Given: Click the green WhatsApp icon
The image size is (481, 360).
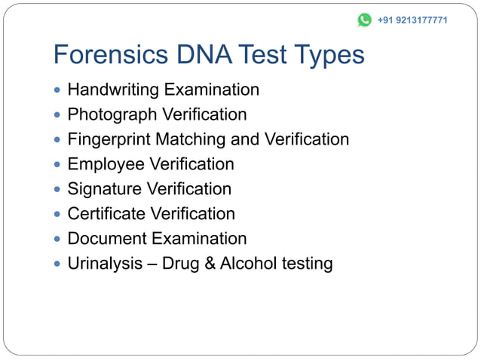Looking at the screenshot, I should click(364, 20).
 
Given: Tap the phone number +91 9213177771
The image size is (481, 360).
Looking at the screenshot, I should click(412, 20).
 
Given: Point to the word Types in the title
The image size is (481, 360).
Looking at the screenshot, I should click(329, 55).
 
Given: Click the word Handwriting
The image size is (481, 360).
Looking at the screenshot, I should click(113, 90).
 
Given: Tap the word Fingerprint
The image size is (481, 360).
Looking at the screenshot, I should click(107, 140).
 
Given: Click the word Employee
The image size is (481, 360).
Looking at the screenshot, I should click(106, 164).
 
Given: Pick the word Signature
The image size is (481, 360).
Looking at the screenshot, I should click(105, 189).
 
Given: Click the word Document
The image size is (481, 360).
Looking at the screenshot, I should click(107, 239).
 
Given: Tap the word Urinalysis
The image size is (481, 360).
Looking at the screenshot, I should click(105, 264).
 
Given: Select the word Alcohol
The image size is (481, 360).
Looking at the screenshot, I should click(248, 264).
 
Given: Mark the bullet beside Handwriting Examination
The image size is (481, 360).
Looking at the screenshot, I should click(58, 91).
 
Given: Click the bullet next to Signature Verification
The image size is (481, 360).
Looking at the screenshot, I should click(58, 190).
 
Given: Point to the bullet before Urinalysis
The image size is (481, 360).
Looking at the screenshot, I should click(58, 264).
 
